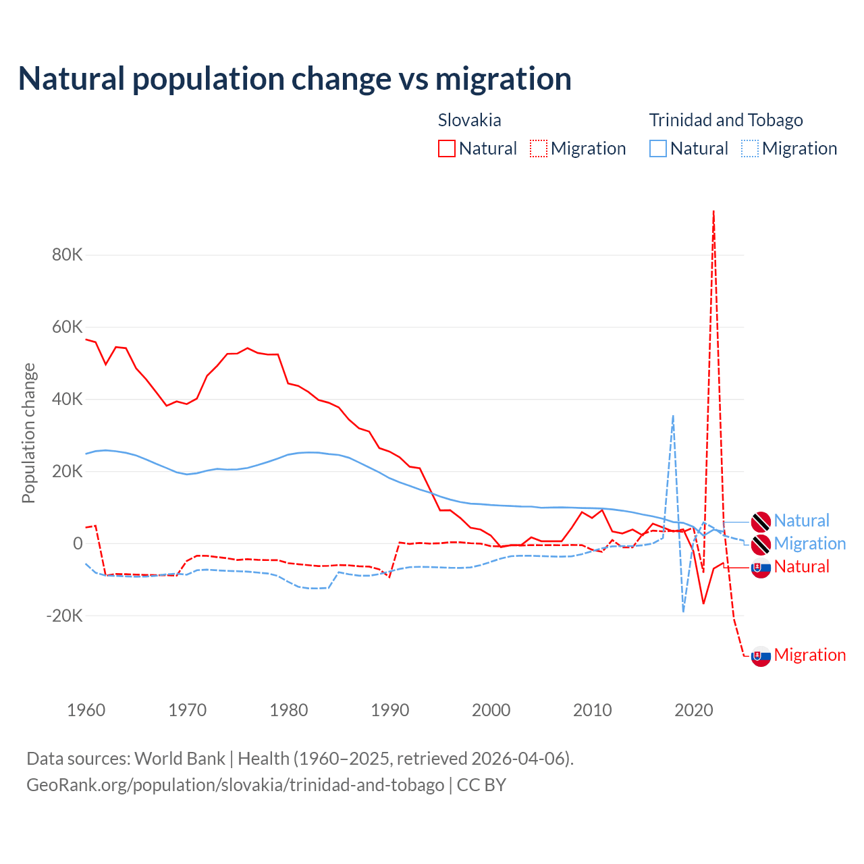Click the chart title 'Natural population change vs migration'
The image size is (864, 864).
point(294,79)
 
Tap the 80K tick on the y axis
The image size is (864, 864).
point(67,255)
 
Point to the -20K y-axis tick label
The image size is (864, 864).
point(65,616)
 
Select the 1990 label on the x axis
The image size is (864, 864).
point(390,710)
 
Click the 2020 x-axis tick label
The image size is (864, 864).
point(694,710)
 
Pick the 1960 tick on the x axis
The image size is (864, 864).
point(86,710)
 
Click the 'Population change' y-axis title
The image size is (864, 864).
point(28,433)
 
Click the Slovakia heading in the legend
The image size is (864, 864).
point(469,120)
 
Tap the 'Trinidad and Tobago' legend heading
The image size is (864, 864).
point(726,120)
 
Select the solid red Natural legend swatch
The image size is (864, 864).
point(447,148)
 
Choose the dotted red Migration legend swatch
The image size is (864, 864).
point(539,148)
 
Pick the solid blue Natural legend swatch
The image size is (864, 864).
point(658,148)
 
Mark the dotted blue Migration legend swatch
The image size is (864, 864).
point(750,148)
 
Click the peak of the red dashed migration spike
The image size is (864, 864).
point(713,212)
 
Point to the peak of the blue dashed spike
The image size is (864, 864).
point(673,416)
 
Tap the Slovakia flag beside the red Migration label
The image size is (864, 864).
point(761,656)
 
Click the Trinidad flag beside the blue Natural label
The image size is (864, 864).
point(761,522)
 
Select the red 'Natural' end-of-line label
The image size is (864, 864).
point(801,566)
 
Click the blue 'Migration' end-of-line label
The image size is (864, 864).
point(809,543)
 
